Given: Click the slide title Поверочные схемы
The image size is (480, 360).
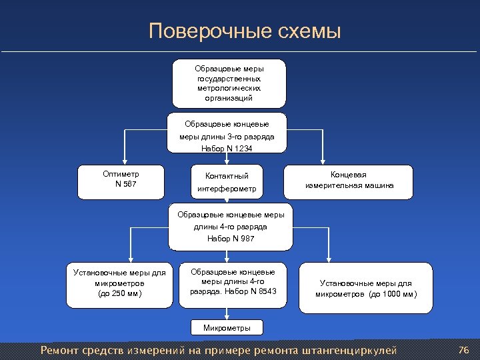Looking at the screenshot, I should pos(245,31).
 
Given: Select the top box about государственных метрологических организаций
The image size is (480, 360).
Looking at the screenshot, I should pos(229,83).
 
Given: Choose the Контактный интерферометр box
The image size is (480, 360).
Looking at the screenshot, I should pos(227,182).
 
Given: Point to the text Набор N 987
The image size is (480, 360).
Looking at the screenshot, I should pos(231,238).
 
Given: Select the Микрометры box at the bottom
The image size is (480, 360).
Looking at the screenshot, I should pos(227,328).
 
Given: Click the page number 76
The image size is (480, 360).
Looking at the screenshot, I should pos(465,350).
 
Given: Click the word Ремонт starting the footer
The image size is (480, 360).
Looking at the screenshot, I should pos(59,350).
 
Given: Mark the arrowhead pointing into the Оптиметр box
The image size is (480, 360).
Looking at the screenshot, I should pos(121,162).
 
